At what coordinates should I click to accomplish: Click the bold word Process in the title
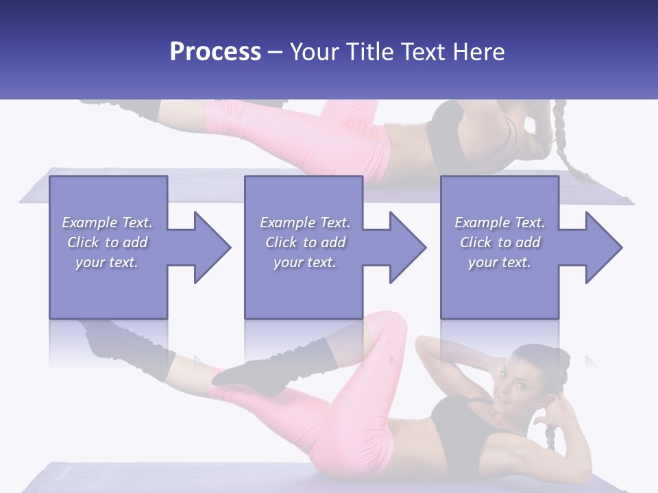point(215,52)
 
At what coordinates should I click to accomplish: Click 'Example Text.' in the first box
point(107,223)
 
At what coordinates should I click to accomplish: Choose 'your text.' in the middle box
point(304,262)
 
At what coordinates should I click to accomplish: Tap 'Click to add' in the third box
point(500,242)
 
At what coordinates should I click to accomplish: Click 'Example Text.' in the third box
point(500,223)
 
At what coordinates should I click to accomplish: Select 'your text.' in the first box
point(107,262)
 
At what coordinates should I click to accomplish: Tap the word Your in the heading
point(315,52)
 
